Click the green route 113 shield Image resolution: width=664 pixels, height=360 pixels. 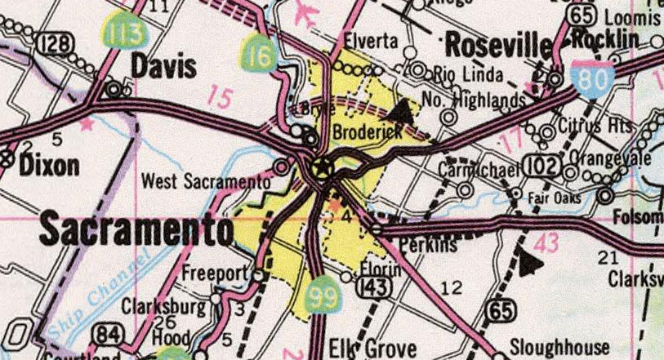pos(123,33)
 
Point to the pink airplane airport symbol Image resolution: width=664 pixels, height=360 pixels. pos(305,12)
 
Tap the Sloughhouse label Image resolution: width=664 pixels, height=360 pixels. pos(559,345)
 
